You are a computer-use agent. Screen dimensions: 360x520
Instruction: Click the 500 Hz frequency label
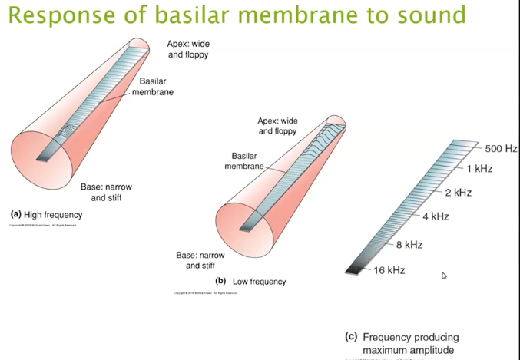[x=501, y=148]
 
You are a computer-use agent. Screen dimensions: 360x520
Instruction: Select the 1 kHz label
[x=479, y=168]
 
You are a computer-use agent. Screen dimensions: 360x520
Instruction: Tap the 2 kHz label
[x=458, y=192]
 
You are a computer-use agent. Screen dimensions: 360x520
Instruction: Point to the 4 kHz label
[x=436, y=216]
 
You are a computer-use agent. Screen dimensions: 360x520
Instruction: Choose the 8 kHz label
[x=409, y=245]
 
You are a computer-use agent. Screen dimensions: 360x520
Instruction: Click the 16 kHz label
[x=389, y=270]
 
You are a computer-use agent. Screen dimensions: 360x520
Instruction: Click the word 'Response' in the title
[x=62, y=15]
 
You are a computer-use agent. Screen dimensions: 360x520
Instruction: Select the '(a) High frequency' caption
[x=46, y=215]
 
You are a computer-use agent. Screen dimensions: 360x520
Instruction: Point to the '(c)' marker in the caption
[x=351, y=337]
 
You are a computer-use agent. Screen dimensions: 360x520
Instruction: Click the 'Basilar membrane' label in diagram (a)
[x=153, y=87]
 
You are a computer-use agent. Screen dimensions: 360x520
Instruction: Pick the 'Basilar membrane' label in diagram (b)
[x=243, y=161]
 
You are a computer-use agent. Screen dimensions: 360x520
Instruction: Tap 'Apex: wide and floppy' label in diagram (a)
[x=188, y=50]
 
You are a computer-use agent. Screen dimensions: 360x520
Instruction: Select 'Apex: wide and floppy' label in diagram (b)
[x=277, y=126]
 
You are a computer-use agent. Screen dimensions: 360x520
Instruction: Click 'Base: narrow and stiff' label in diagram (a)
[x=106, y=192]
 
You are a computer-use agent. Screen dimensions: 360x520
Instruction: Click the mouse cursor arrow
[x=444, y=276]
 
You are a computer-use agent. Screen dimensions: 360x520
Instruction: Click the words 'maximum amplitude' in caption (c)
[x=408, y=351]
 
